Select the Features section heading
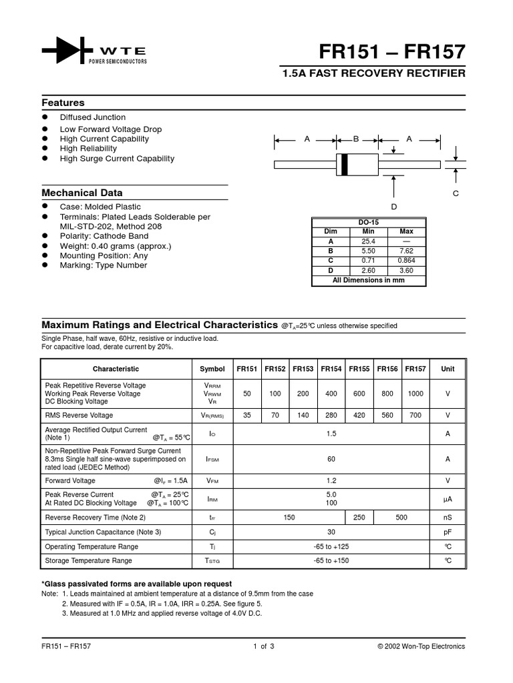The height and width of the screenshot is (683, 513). [x=63, y=103]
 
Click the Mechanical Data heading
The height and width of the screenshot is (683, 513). [x=83, y=193]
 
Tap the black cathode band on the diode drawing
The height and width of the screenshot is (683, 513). [x=344, y=164]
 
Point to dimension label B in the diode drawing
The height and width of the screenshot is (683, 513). [x=356, y=139]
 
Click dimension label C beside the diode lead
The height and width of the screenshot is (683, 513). [x=456, y=193]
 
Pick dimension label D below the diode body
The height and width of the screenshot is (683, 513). [x=394, y=207]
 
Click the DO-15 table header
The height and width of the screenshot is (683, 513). [x=369, y=223]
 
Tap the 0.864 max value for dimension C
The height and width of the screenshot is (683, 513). [x=406, y=261]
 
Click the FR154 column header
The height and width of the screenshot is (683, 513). [x=331, y=369]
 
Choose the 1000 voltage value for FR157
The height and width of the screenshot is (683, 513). [x=415, y=394]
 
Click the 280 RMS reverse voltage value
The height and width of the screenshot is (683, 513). [x=331, y=414]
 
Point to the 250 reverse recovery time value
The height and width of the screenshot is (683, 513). [x=359, y=517]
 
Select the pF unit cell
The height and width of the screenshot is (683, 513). [x=448, y=532]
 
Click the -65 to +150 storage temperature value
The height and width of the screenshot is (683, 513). [x=331, y=561]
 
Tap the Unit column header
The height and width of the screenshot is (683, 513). [x=448, y=369]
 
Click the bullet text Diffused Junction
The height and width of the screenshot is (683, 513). [x=93, y=117]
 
